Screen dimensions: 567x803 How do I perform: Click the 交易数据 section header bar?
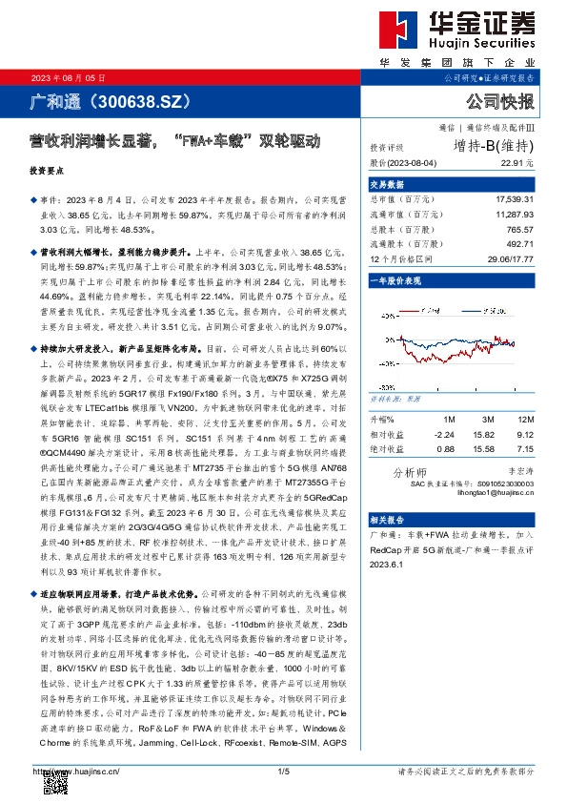coord(457,184)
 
